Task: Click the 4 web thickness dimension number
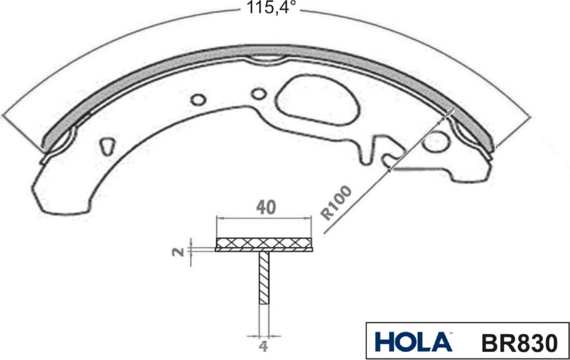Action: coord(263,347)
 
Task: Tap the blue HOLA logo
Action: coord(413,341)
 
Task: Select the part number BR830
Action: coord(519,342)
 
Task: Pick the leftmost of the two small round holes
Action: coord(199,99)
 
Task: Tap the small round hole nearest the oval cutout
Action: coord(259,94)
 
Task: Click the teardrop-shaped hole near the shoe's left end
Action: coord(108,144)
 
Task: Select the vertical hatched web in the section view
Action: coord(264,278)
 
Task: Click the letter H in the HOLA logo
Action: coord(385,341)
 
